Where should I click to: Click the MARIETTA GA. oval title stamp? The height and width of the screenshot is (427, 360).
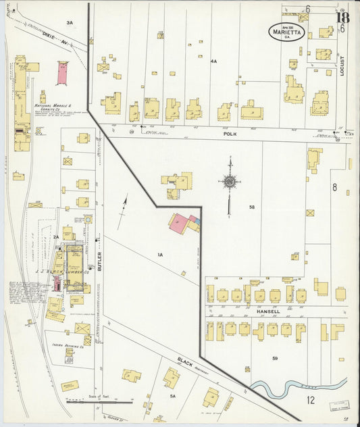click(x=286, y=30)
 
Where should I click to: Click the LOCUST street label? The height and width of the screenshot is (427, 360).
click(x=342, y=65)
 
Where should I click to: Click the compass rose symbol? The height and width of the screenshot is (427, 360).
click(x=230, y=181)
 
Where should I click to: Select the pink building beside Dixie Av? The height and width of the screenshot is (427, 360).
click(x=62, y=73)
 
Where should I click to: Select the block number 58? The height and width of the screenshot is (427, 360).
click(x=252, y=207)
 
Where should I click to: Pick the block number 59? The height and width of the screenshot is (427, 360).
click(x=275, y=357)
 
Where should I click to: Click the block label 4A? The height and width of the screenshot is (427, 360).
click(x=213, y=61)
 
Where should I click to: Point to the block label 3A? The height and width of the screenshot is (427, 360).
click(x=69, y=23)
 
